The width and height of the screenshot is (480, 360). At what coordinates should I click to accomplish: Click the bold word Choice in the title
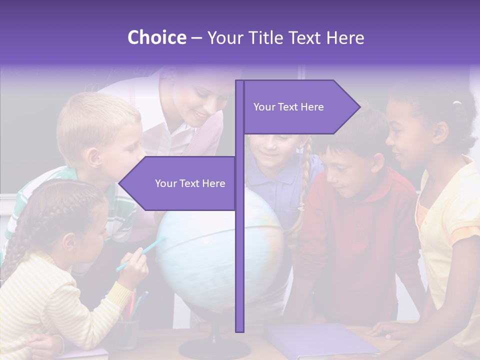(156, 38)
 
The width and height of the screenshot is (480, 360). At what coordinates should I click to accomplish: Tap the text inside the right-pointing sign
(288, 107)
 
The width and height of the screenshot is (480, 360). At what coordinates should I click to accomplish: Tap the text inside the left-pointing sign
(190, 183)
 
